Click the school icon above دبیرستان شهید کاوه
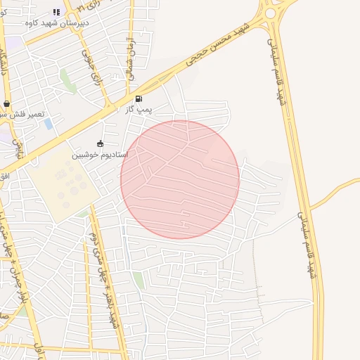[56, 12]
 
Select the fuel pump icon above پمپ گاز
[139, 99]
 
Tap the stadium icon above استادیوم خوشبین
[100, 143]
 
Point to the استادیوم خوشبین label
[100, 153]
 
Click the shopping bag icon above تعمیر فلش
[6, 103]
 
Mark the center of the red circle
[180, 179]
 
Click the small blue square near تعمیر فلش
[48, 124]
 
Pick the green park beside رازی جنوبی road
[68, 80]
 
